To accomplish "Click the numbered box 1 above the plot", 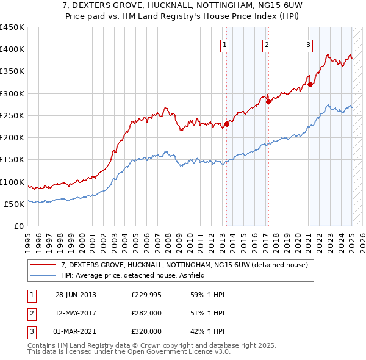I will (225, 44).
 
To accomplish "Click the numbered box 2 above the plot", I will (267, 44).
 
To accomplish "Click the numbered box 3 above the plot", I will (309, 44).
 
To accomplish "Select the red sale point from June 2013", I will (226, 124).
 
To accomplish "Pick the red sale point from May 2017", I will (268, 101).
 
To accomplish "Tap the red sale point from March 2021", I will (310, 84).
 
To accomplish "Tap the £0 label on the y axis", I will (18, 226).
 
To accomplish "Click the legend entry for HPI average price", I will (132, 276).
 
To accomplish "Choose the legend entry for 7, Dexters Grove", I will (188, 265).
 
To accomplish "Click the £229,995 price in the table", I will (146, 295).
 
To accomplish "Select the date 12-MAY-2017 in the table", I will (76, 313).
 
